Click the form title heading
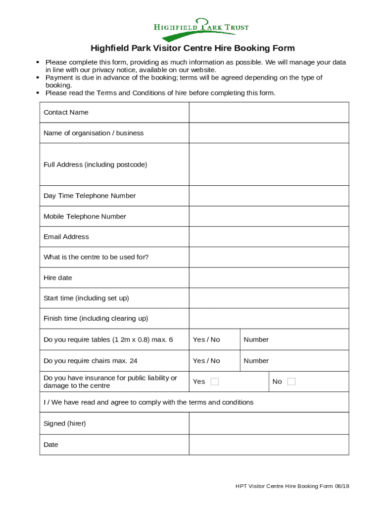(192, 48)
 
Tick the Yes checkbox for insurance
(215, 381)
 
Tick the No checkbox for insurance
(291, 381)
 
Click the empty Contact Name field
(269, 112)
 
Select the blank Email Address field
(269, 237)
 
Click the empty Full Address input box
(269, 165)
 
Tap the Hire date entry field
(269, 278)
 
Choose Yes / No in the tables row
(206, 339)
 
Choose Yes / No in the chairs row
(206, 361)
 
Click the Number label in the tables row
(256, 339)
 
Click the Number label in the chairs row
(256, 361)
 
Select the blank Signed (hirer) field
(269, 423)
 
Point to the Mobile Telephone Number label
(85, 216)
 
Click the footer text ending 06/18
(292, 486)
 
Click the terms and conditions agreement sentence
(148, 402)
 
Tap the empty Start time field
(269, 298)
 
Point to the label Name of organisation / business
(94, 133)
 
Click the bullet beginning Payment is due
(184, 81)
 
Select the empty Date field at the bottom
(269, 445)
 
